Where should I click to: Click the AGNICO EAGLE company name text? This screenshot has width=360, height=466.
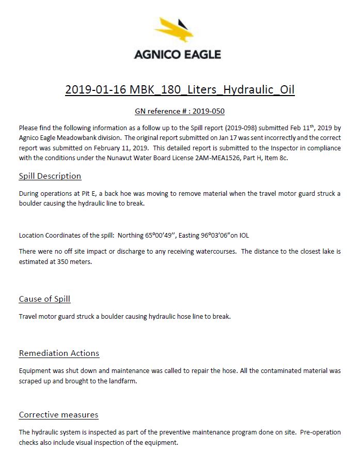tap(177, 54)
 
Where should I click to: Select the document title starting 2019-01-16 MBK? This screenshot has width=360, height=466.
tap(180, 89)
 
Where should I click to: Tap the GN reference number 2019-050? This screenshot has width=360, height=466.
tap(208, 111)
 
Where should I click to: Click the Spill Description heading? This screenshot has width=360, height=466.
tap(50, 176)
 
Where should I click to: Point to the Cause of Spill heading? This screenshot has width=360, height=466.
tap(44, 299)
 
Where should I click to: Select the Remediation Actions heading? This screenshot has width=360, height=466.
tap(59, 353)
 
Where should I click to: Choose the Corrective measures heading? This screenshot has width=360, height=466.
tap(58, 415)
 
